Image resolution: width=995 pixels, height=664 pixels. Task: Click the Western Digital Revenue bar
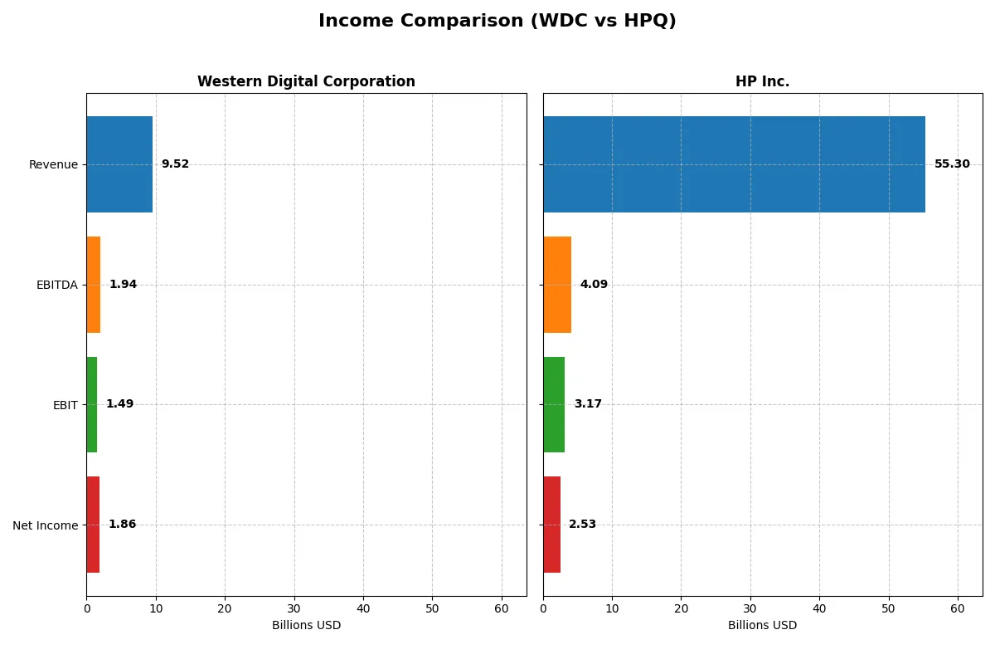(119, 164)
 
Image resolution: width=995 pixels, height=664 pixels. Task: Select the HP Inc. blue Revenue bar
(734, 164)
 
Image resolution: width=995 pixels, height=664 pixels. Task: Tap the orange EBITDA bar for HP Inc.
(557, 285)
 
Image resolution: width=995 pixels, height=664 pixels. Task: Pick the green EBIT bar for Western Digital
(92, 404)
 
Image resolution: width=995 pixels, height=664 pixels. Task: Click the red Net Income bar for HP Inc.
(552, 525)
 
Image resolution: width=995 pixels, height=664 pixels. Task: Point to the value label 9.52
(175, 164)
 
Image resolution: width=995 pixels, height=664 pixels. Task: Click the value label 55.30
(952, 164)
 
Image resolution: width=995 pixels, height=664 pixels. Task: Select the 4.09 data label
(594, 285)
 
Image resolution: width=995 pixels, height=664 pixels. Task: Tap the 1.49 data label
(119, 404)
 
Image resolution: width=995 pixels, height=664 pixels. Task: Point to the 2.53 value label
(582, 525)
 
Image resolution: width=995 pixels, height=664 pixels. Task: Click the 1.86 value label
(122, 525)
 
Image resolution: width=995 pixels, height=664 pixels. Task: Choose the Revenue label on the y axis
(53, 165)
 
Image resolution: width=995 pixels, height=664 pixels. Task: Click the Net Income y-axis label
(46, 525)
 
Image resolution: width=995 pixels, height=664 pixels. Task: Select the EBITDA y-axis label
(57, 286)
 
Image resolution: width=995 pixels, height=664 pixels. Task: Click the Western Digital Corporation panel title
(306, 82)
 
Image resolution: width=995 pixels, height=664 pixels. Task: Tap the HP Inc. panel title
(762, 82)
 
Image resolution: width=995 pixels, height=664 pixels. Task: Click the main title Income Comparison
(498, 22)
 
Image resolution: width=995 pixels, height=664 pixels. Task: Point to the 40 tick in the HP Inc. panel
(819, 608)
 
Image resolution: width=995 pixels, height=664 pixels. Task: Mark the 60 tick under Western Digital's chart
(502, 608)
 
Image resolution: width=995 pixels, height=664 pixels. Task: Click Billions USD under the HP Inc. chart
(762, 626)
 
